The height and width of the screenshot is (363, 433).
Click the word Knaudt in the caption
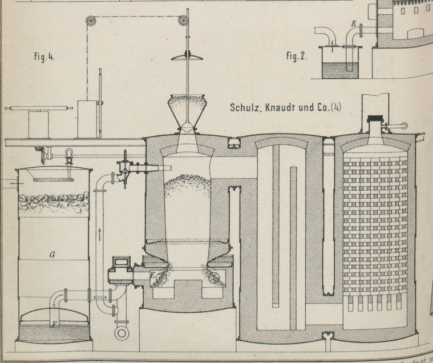(282, 107)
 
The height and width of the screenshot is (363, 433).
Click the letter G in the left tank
(52, 255)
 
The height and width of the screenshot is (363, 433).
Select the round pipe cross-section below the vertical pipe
(121, 333)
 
